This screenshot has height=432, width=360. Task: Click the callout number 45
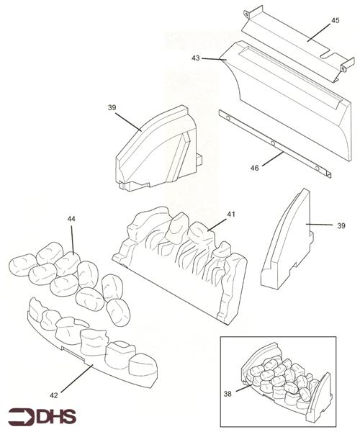(x=336, y=20)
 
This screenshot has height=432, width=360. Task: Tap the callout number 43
(x=196, y=58)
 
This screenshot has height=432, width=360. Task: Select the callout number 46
(x=254, y=168)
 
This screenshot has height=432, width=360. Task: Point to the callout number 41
(x=231, y=214)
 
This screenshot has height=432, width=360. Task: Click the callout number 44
(x=71, y=219)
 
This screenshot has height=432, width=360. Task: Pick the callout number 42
(x=54, y=395)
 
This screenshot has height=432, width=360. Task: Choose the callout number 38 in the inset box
(x=228, y=394)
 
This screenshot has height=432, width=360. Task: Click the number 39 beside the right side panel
(x=341, y=226)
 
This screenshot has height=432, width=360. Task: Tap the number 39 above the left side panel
(x=112, y=107)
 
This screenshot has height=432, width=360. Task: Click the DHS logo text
(x=56, y=416)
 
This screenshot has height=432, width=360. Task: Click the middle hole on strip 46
(x=273, y=143)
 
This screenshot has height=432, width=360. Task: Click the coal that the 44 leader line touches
(x=68, y=264)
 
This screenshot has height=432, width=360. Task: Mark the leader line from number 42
(x=77, y=378)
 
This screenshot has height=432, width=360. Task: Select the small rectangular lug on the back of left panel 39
(x=199, y=160)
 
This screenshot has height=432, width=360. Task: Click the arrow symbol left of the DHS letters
(x=21, y=416)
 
